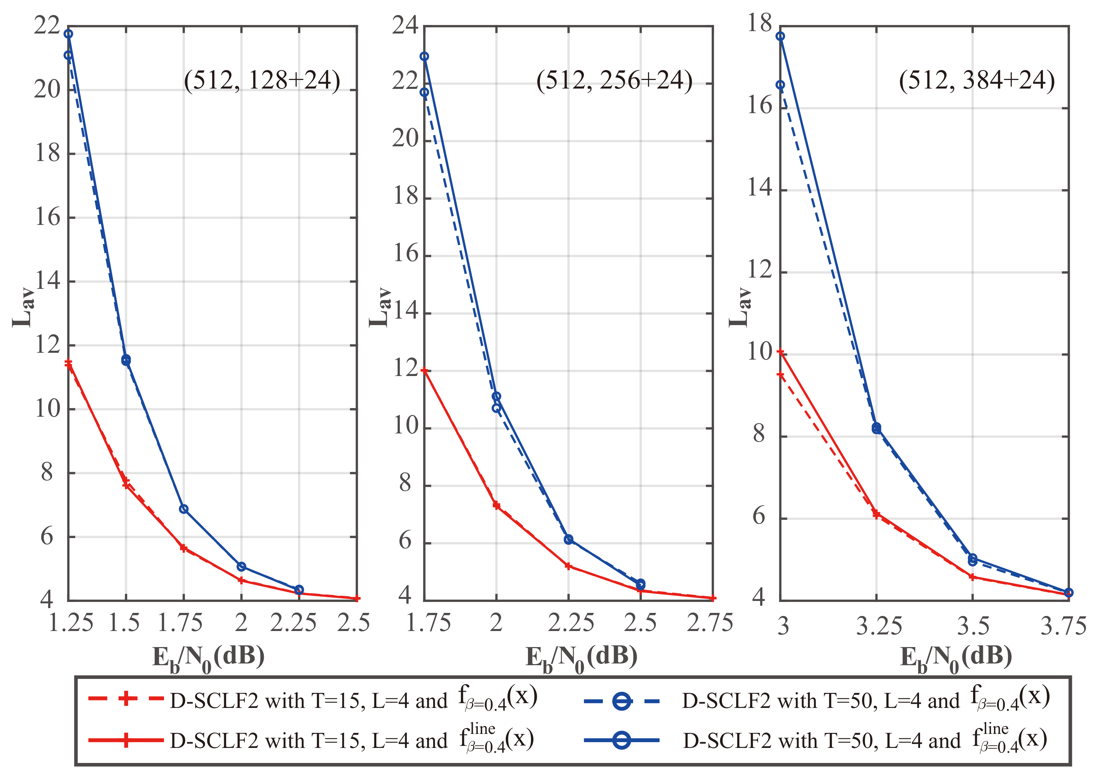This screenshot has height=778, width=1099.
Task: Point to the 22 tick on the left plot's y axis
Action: point(47,25)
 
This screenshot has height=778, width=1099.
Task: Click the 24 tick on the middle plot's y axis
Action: point(405,25)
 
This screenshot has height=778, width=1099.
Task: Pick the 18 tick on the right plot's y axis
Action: point(760,23)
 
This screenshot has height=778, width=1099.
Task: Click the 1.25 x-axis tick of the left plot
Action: point(70,623)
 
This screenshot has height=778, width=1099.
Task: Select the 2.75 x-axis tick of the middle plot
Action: point(710,623)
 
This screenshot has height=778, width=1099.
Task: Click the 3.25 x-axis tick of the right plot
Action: point(879,626)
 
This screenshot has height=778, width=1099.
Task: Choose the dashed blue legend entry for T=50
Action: point(815,700)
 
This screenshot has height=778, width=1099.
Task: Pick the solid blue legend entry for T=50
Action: point(815,740)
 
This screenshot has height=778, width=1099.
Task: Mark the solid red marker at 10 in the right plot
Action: point(780,352)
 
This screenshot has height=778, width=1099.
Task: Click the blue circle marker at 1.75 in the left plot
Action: point(184,509)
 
